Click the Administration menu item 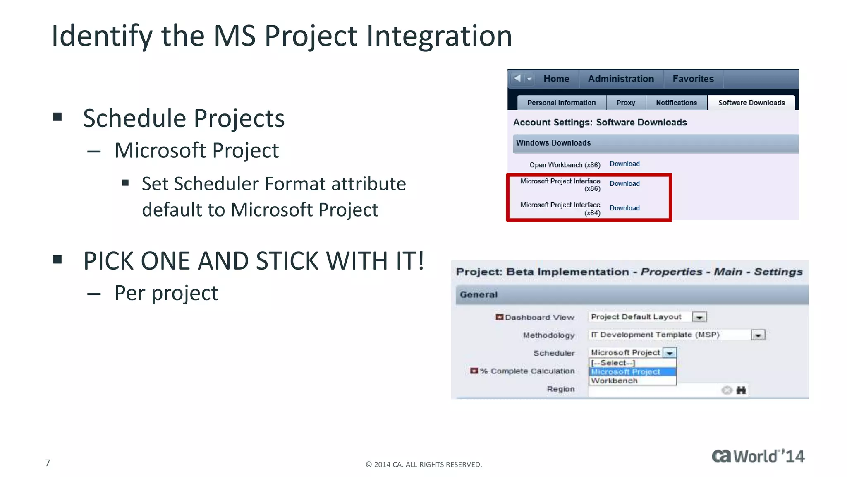coord(621,79)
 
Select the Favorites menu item coord(693,79)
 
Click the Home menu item coord(556,79)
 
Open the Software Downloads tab coord(751,103)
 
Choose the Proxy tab coord(626,103)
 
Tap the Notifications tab coord(676,103)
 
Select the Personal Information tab coord(561,103)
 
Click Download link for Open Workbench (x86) coord(624,164)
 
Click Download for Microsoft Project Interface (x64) coord(624,208)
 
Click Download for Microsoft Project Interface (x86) coord(624,183)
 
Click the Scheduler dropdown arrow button coord(670,353)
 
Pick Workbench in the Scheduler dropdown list coord(615,381)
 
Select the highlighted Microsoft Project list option coord(625,372)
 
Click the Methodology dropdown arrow coord(758,335)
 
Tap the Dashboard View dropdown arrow coord(699,317)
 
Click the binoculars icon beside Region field coord(741,390)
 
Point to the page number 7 coord(48,463)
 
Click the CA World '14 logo coord(758,456)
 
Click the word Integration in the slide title coord(439,36)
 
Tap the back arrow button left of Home coord(517,78)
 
